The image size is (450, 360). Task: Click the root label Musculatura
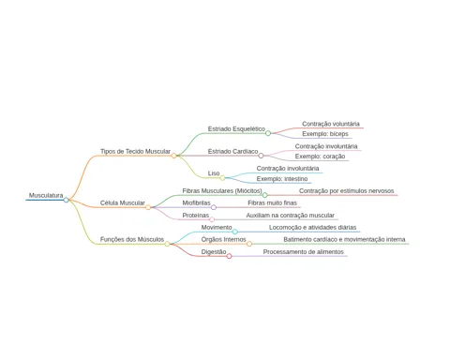pos(46,195)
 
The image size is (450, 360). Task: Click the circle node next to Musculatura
pos(66,200)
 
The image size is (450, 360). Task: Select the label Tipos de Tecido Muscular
pos(135,151)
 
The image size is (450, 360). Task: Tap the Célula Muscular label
pos(123,202)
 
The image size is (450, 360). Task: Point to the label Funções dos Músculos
pos(132,239)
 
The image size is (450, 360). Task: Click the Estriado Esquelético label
pos(236,128)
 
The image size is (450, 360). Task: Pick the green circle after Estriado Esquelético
pos(268,133)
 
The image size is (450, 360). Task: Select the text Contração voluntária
pos(331,124)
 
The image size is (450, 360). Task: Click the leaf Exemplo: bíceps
pos(325,134)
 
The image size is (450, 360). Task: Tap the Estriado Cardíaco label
pos(232,151)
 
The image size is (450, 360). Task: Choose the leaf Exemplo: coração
pos(320,157)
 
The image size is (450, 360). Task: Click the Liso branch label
pos(214,173)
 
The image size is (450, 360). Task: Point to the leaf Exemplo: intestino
pos(282,179)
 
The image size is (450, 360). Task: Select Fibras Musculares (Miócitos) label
pos(222,190)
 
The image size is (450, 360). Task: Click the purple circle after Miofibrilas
pos(214,207)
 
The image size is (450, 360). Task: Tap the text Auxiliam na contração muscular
pos(291,216)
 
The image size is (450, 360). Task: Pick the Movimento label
pos(217,227)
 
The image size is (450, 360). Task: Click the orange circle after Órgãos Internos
pos(249,244)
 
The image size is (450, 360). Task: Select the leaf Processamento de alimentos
pos(303,252)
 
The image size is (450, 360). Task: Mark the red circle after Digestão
pos(229,256)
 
